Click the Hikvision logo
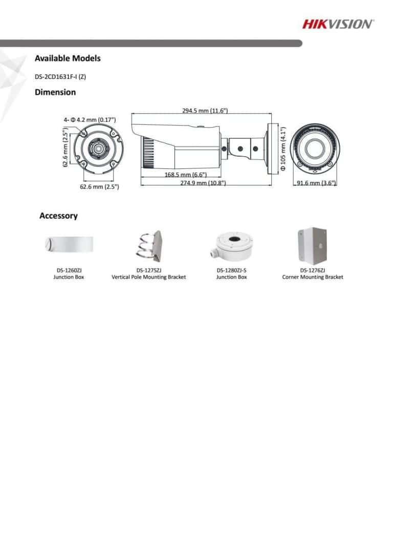[x=338, y=24]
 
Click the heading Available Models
[x=68, y=58]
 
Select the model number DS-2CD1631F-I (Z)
[x=60, y=77]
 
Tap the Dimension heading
[x=55, y=92]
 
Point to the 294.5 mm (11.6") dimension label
[x=205, y=111]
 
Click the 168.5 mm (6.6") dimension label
[x=186, y=175]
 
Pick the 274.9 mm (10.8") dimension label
[x=203, y=183]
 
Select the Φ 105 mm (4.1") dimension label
[x=283, y=149]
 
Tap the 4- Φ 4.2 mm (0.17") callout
[x=90, y=120]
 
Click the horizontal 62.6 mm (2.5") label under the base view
[x=99, y=186]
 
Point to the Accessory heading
[x=58, y=216]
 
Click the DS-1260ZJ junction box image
[x=69, y=244]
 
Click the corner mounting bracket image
[x=312, y=246]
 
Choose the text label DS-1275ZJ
[x=149, y=270]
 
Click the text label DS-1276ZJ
[x=313, y=270]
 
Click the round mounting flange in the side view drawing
[x=271, y=148]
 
